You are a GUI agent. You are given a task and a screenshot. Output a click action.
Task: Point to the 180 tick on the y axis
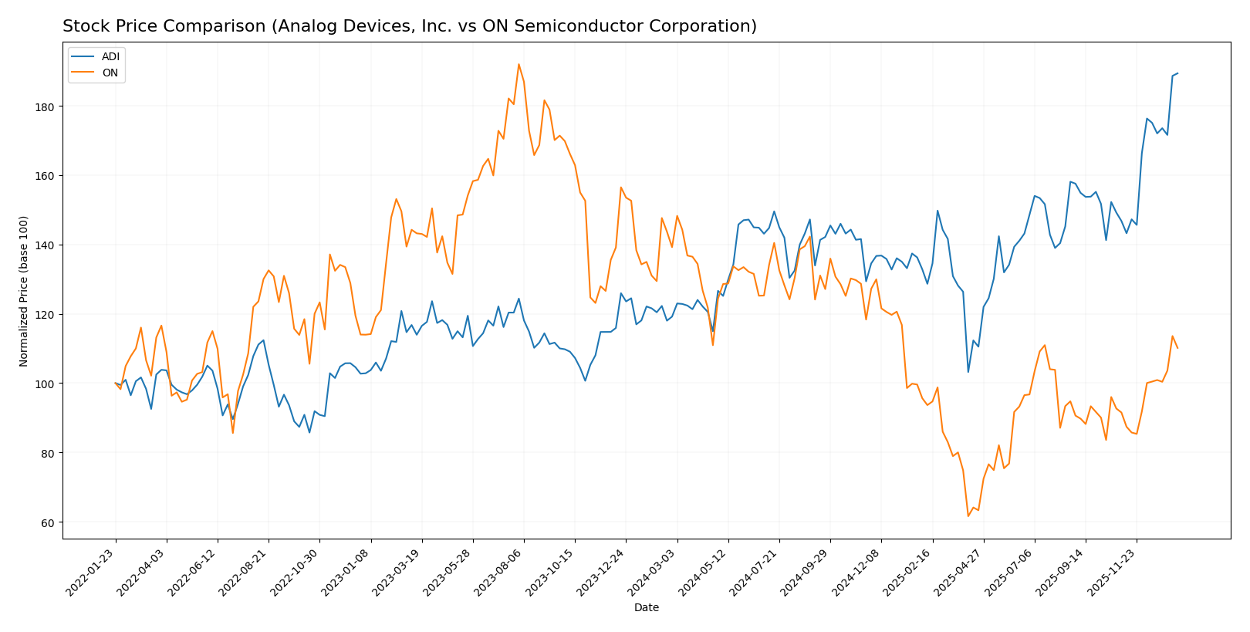46,106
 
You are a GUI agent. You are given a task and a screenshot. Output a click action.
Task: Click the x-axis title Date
646,608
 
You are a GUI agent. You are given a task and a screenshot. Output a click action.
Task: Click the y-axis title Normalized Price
24,291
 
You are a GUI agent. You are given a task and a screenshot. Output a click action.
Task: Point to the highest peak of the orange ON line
519,64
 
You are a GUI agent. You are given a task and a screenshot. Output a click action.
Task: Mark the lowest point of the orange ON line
968,516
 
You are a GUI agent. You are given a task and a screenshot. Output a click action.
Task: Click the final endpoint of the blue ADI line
1177,73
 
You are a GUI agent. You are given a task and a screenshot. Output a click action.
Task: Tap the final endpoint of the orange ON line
1177,348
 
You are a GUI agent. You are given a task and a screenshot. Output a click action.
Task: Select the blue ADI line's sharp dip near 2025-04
968,372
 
